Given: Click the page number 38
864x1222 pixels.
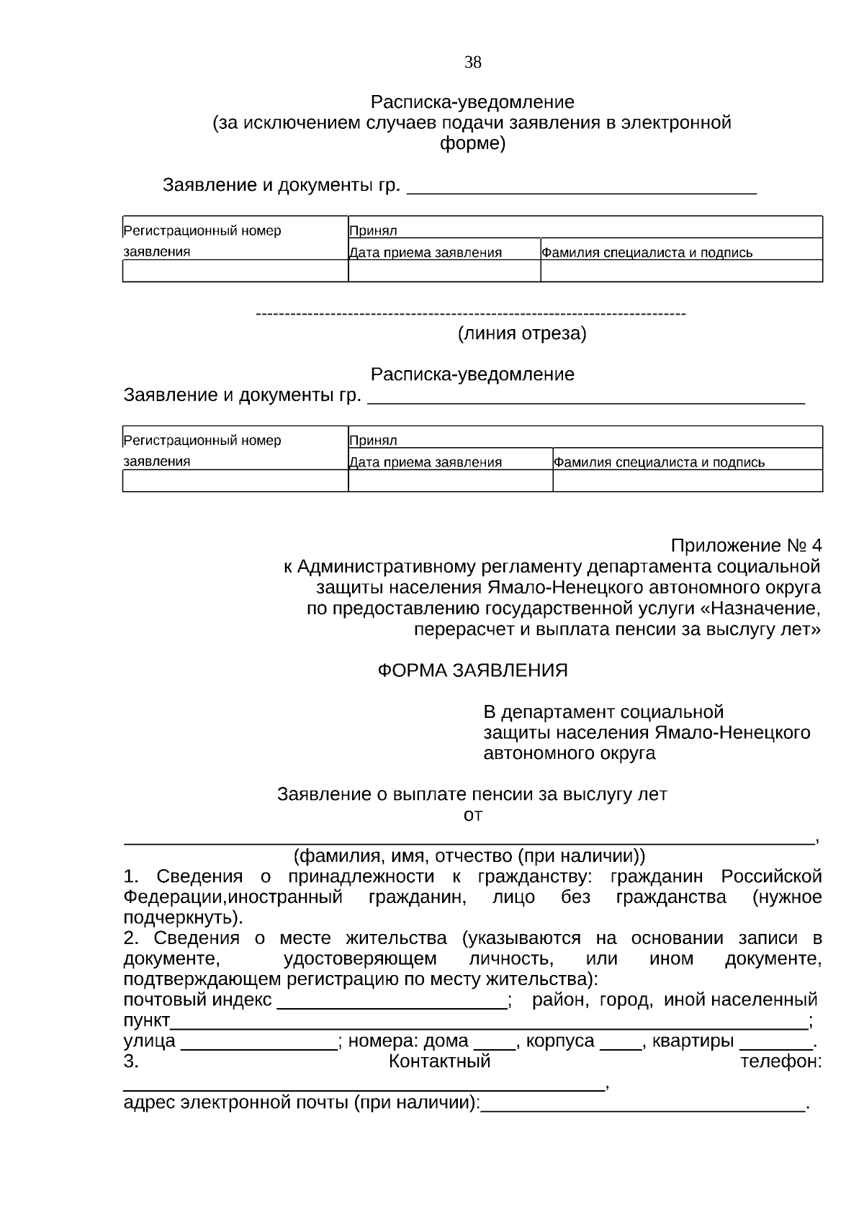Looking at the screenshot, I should [x=472, y=63].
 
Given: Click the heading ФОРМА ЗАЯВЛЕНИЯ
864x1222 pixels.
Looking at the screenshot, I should [x=472, y=670].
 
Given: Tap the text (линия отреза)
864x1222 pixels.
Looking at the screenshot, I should [x=522, y=333].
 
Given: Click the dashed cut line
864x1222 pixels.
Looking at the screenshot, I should [x=471, y=314].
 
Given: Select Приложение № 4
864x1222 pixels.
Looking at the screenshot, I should [x=745, y=545].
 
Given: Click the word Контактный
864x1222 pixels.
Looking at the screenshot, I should [x=439, y=1061].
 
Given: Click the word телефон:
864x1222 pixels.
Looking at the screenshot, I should [x=781, y=1061].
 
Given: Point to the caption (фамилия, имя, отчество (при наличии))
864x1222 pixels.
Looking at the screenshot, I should [x=469, y=856].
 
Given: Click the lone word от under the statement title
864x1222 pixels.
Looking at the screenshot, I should [x=472, y=815].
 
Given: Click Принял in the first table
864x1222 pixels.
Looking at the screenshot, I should [x=374, y=231].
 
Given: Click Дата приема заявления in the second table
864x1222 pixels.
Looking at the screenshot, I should [x=426, y=462].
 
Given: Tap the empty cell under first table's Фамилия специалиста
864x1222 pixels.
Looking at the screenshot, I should [x=681, y=271].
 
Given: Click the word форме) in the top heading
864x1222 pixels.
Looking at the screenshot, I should [x=472, y=143].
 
